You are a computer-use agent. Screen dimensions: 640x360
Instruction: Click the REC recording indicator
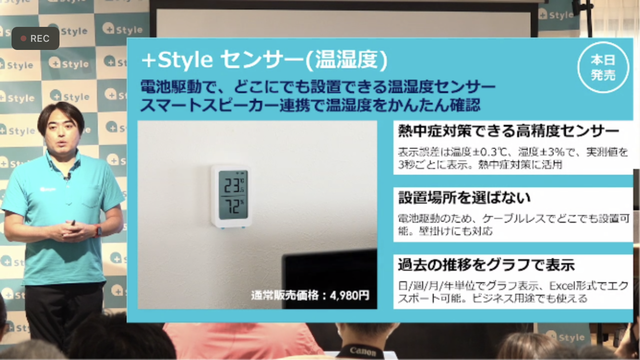click(36, 38)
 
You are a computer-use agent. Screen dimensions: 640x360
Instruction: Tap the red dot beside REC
click(24, 38)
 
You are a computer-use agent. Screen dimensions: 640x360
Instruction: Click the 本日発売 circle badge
click(603, 68)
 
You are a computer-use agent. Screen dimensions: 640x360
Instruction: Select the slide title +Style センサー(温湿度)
click(264, 60)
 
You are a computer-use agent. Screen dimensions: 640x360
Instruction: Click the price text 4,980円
click(350, 295)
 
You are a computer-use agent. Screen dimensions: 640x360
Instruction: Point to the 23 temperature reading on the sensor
click(233, 186)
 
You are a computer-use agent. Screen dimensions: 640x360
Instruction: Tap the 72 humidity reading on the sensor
click(232, 206)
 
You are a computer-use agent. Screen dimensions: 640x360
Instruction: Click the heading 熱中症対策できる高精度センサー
click(509, 131)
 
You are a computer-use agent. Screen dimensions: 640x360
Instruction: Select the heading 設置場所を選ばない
click(464, 198)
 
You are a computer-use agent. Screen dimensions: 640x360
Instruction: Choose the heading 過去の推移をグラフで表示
click(486, 265)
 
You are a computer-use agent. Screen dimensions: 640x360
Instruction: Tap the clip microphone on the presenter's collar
click(68, 177)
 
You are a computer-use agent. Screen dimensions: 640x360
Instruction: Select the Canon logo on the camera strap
click(363, 351)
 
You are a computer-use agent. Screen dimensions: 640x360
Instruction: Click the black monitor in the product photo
click(330, 279)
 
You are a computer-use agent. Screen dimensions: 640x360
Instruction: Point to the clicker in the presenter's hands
click(73, 223)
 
